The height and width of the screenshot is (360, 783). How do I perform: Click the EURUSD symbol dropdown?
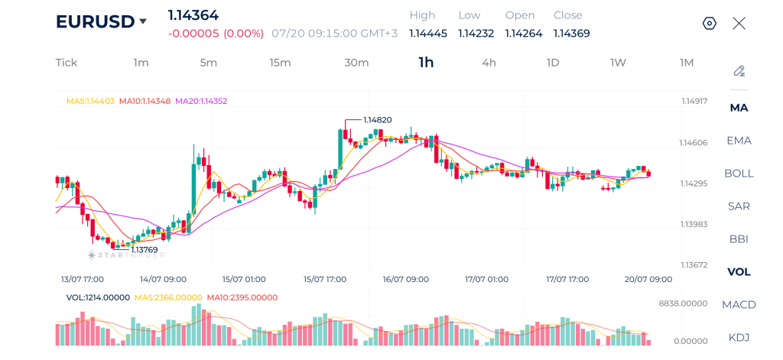point(102,21)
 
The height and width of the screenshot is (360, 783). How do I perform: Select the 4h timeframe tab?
point(489,63)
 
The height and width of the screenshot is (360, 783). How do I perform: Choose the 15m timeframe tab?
point(280,63)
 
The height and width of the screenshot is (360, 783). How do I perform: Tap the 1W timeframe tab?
point(618,63)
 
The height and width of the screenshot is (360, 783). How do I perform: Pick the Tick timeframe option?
point(67,63)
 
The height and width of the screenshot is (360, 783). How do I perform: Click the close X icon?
point(739,24)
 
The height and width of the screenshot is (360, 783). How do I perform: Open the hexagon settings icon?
point(710,24)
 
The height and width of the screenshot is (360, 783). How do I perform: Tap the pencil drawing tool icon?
point(739,71)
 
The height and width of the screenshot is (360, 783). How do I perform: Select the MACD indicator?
point(739,304)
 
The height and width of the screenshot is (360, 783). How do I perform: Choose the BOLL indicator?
point(739,174)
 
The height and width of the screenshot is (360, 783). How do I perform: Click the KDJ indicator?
point(739,338)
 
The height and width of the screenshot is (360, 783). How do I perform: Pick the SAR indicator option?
point(739,206)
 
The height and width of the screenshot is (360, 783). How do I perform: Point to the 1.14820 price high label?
point(377,120)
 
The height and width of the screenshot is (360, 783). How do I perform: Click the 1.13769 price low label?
point(145,250)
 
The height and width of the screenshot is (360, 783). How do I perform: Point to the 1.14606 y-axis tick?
point(694,143)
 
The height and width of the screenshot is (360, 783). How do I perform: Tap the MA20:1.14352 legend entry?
point(201,101)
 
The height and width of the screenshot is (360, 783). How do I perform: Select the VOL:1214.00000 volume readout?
point(98,297)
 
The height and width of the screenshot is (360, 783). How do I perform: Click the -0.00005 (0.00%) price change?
point(216,34)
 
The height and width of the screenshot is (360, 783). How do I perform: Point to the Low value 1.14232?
point(476,34)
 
